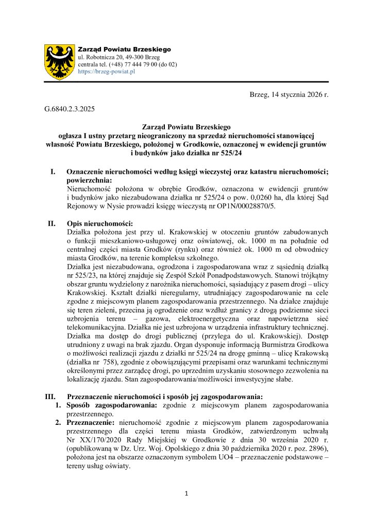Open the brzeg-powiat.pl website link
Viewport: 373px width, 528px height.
coord(106,72)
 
